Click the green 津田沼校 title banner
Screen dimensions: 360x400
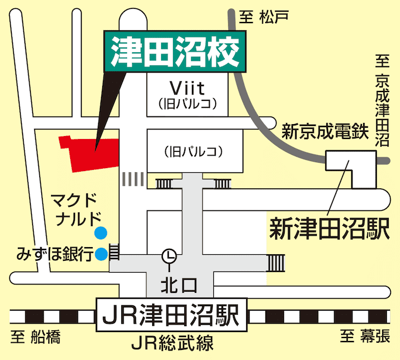tap(175, 51)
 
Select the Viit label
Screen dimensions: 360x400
tap(187, 89)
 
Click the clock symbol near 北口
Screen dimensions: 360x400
tap(169, 255)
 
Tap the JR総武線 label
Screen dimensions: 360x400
tap(172, 343)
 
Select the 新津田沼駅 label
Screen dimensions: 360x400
tap(329, 228)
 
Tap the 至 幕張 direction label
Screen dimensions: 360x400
tap(365, 337)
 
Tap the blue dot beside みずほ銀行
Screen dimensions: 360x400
tap(102, 254)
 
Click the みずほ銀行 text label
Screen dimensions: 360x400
tap(55, 255)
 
